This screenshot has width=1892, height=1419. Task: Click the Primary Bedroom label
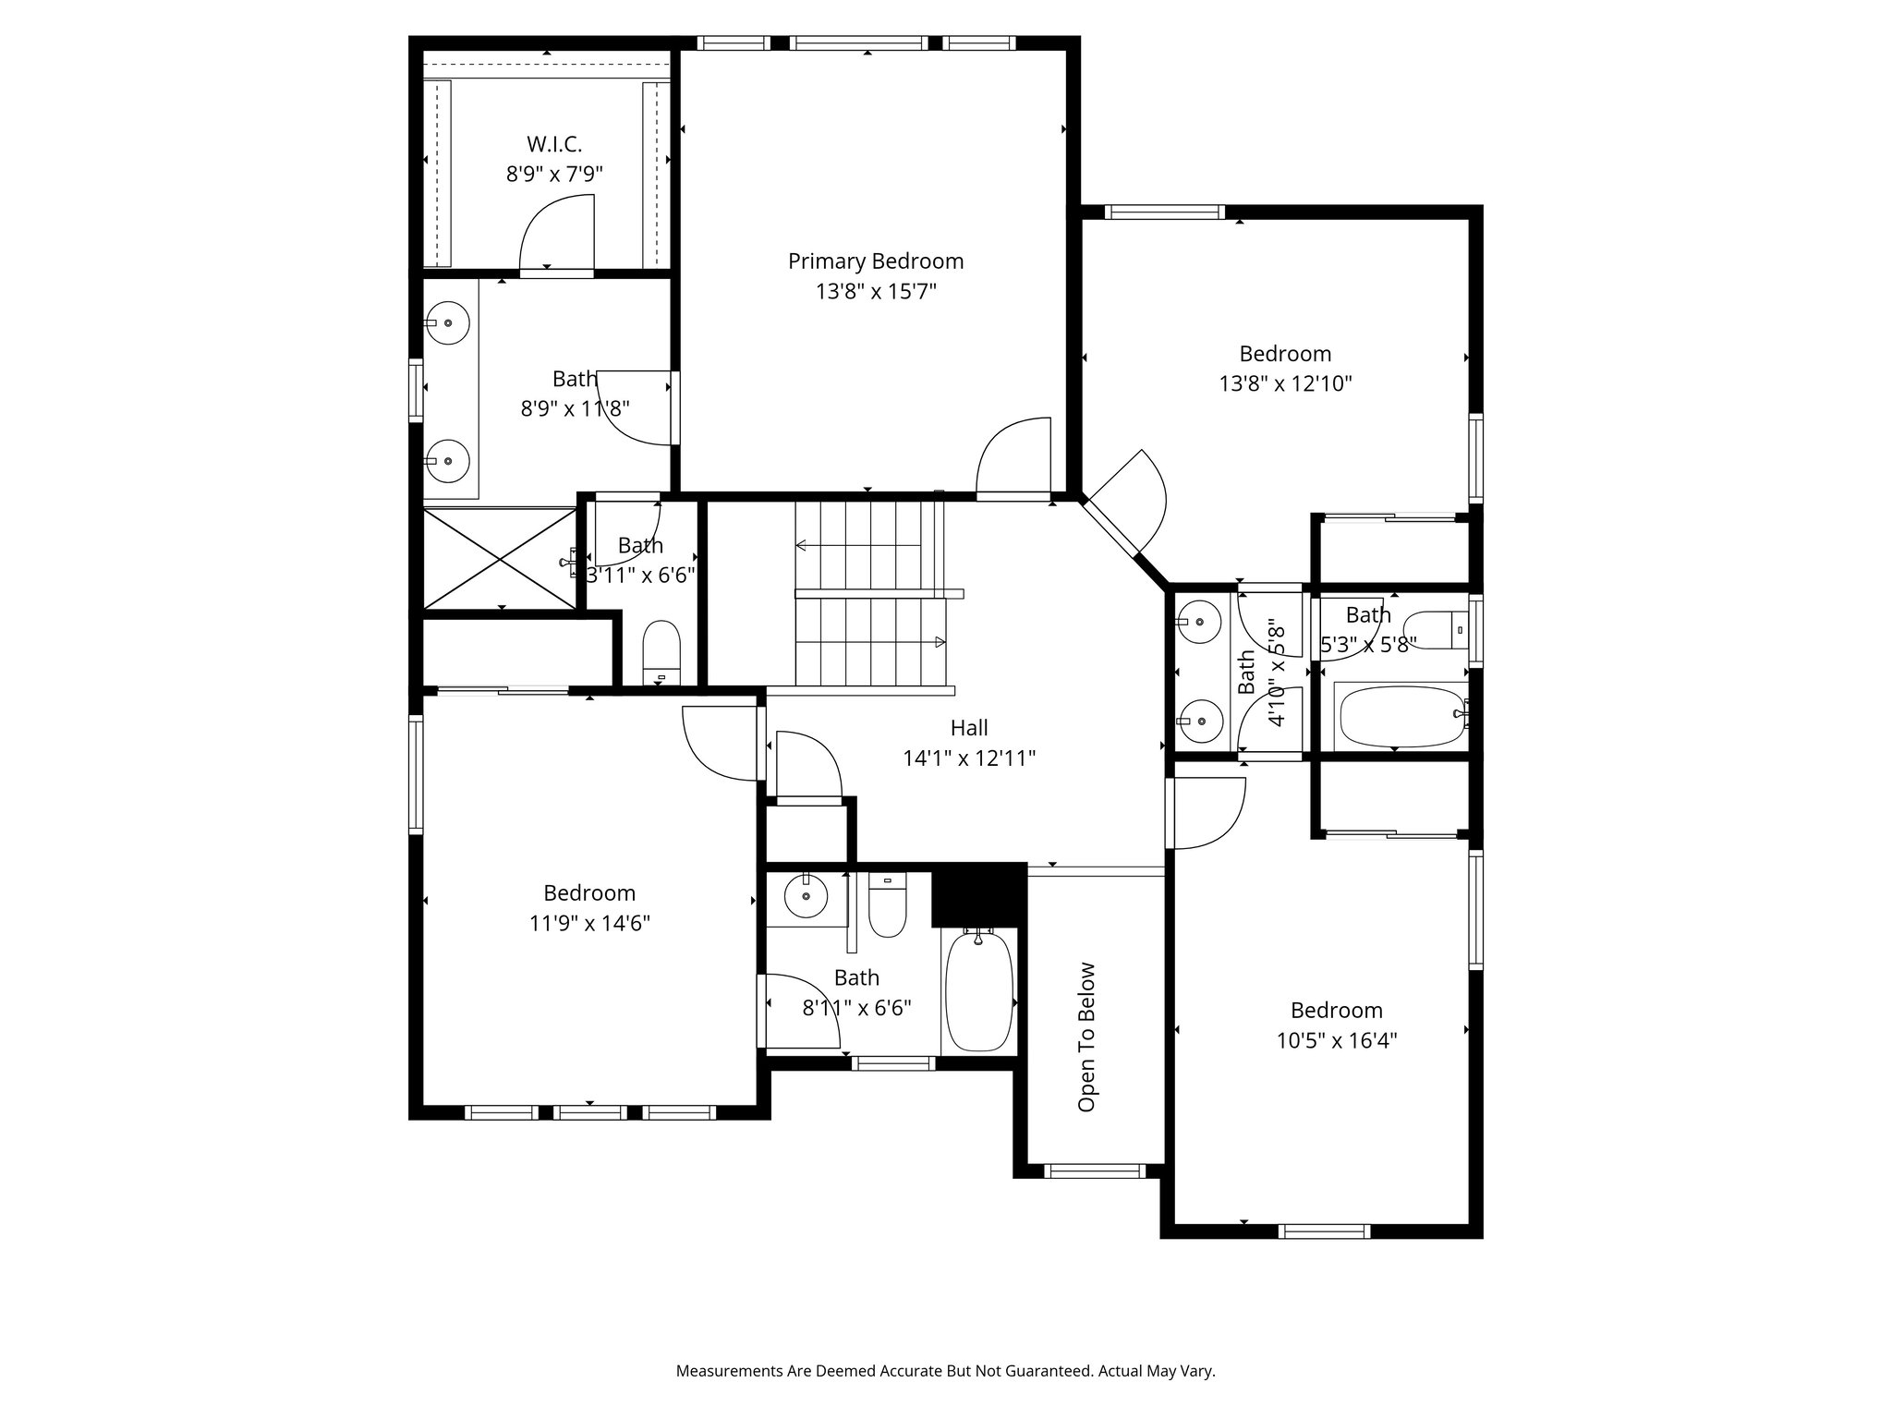tap(875, 261)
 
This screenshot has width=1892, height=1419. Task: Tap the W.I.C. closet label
tap(554, 144)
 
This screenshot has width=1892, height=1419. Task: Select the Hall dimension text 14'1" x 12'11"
tap(969, 758)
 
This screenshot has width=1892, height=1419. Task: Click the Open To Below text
tap(1086, 1037)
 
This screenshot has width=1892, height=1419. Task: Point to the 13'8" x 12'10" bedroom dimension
tap(1285, 383)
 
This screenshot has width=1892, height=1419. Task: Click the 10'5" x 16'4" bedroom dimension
tap(1337, 1040)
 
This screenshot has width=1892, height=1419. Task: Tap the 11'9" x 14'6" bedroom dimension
tap(589, 923)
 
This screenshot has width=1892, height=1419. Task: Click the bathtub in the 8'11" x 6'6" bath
tap(980, 991)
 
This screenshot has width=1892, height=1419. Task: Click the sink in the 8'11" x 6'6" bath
tap(807, 895)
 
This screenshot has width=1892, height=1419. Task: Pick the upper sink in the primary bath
tap(448, 323)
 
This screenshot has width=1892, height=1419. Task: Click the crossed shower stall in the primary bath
tap(500, 557)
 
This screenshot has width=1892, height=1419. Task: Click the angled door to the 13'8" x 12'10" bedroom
tap(1125, 505)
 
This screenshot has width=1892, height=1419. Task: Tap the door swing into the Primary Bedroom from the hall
tap(1013, 456)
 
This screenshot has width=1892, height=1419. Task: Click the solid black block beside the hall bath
tap(979, 895)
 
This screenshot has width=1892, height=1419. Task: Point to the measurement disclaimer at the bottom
tap(945, 1371)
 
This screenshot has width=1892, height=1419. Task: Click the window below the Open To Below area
tap(1095, 1170)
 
